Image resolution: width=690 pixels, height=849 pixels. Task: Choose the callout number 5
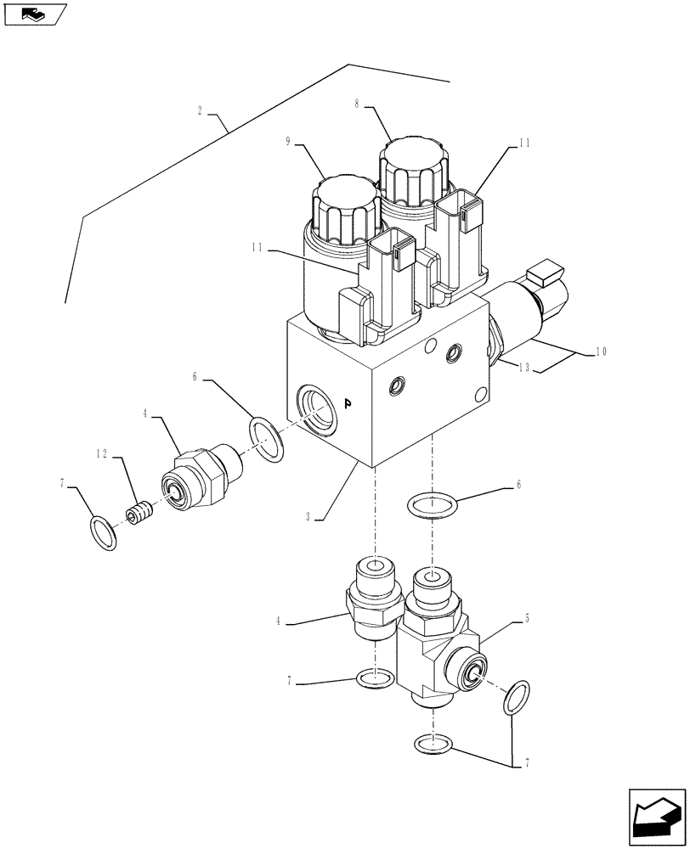528,619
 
